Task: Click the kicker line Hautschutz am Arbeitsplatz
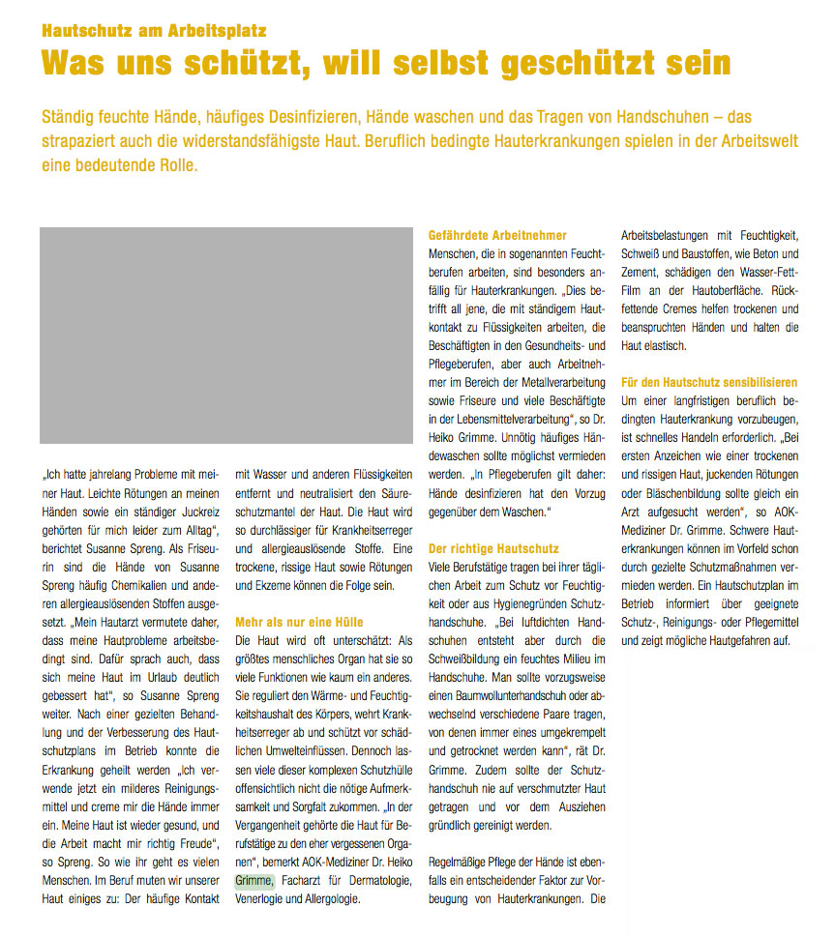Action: click(x=154, y=30)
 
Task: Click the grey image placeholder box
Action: click(x=226, y=336)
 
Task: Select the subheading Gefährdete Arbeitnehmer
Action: click(x=497, y=236)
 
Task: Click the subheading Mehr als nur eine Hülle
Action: click(x=299, y=623)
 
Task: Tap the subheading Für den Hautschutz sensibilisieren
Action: click(x=709, y=383)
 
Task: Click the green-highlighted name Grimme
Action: click(x=255, y=881)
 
